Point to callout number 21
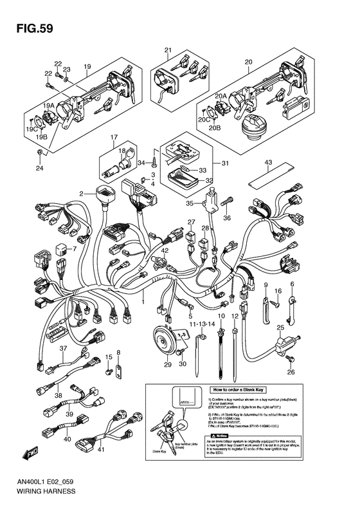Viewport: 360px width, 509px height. [x=168, y=50]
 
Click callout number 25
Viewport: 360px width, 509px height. [x=280, y=328]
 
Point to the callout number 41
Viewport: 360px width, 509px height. [x=100, y=450]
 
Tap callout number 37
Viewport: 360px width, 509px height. [x=64, y=348]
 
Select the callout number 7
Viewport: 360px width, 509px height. [x=74, y=248]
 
